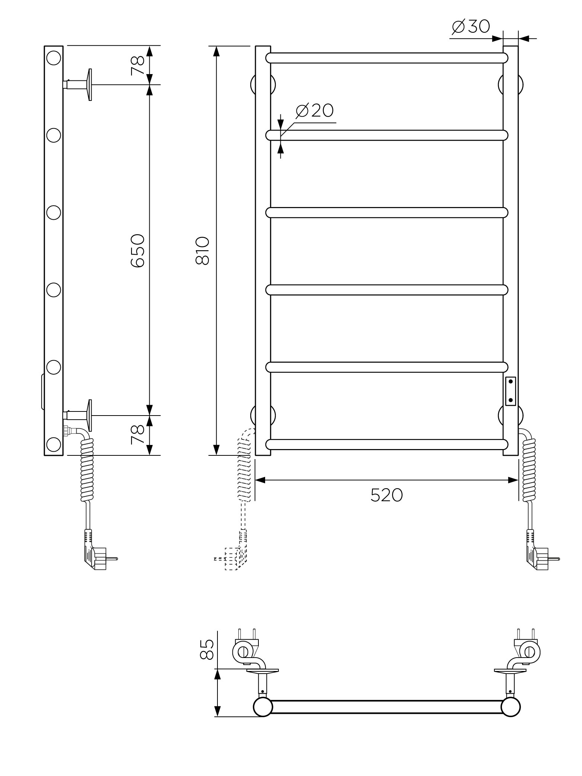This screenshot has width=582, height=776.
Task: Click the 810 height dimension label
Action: tap(203, 250)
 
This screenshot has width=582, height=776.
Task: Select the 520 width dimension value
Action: tap(387, 495)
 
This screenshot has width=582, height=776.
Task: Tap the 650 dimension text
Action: tap(137, 250)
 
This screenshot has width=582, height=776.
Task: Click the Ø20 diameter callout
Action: tap(314, 110)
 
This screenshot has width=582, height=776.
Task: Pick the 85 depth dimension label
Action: tap(207, 649)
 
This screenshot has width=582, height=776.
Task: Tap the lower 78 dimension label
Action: tap(137, 435)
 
